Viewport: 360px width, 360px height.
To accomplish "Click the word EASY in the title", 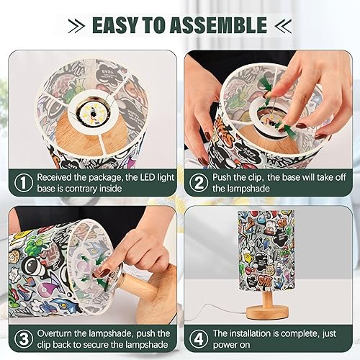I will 118,26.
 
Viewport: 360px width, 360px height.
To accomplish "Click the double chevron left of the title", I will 76,27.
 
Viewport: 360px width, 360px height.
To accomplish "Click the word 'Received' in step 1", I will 58,176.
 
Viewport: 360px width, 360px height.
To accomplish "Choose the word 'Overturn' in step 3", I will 58,333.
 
